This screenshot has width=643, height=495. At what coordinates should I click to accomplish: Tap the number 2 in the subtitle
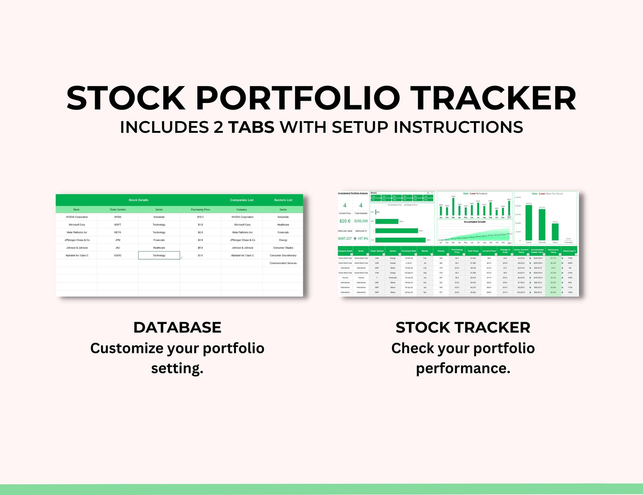click(218, 127)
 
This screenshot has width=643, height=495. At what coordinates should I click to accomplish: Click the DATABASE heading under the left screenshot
click(177, 327)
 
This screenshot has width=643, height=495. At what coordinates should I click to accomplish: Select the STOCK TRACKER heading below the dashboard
click(463, 327)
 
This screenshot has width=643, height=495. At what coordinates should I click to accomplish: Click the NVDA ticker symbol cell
click(117, 217)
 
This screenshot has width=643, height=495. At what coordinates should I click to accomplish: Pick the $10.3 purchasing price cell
click(200, 217)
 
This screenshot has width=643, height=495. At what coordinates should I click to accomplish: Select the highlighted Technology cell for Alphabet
click(159, 255)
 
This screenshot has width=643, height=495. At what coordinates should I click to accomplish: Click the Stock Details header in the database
click(138, 200)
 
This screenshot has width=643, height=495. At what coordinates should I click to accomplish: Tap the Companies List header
click(242, 200)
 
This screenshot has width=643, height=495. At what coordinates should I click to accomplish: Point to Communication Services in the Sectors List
click(283, 263)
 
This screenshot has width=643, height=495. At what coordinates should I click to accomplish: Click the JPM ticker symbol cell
click(117, 240)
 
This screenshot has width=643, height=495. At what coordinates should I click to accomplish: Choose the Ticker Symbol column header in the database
click(117, 209)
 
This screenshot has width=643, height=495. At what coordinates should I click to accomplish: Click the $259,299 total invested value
click(361, 221)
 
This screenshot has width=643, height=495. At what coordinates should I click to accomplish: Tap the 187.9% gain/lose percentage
click(361, 238)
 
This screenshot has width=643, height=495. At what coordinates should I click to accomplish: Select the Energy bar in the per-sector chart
click(529, 223)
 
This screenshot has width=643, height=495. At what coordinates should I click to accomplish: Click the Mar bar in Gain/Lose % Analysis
click(453, 207)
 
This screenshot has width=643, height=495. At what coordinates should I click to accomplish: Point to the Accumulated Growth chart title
click(475, 222)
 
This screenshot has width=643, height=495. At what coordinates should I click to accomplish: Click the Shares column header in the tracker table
click(441, 251)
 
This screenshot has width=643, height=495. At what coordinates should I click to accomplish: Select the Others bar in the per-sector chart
click(555, 232)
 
